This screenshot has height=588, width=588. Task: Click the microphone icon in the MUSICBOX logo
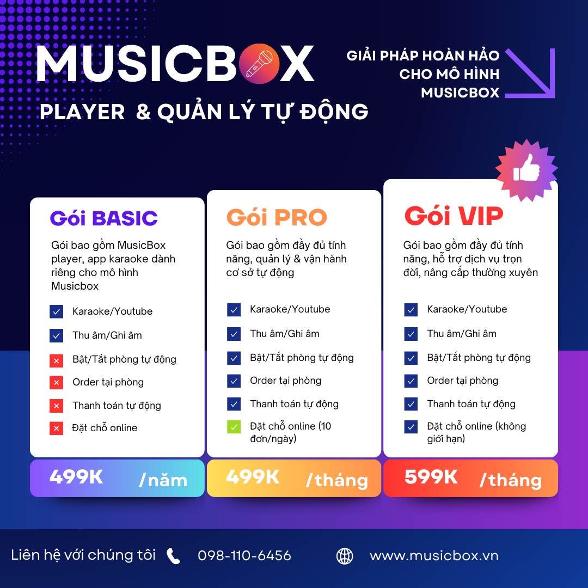259,64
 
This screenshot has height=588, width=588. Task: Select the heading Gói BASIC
103,218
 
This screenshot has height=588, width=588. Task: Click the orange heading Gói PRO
277,217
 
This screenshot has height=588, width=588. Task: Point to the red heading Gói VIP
454,216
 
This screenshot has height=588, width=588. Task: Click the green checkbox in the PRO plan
234,427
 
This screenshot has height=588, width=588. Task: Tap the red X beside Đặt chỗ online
56,428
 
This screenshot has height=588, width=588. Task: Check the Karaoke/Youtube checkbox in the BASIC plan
56,311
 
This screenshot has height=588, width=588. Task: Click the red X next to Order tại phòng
56,382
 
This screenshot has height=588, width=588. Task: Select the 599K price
431,477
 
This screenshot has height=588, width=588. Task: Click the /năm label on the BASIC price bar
163,480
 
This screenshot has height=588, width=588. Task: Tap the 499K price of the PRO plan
253,477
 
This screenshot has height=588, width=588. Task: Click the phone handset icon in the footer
173,556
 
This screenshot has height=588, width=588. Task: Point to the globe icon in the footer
345,556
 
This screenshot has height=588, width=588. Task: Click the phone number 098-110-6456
244,556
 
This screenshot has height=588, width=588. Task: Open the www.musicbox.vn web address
434,556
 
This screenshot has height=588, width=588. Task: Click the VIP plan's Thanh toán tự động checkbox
411,404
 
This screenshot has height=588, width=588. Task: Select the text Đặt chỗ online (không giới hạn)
476,432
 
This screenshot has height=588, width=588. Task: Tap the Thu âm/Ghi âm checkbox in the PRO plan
234,334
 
